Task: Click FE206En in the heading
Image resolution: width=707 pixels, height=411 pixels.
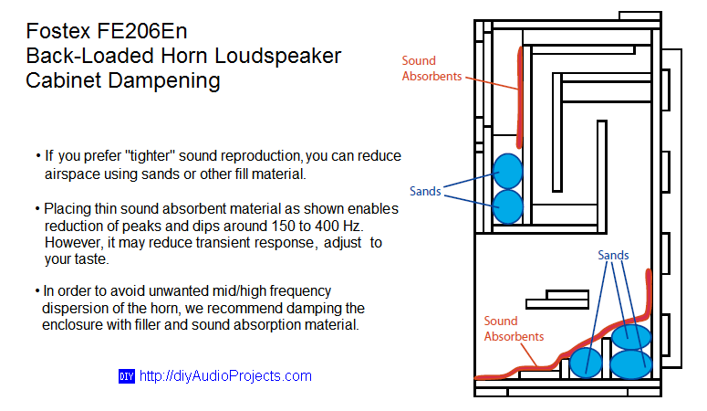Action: click(x=141, y=31)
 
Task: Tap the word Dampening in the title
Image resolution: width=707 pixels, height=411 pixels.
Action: click(x=163, y=81)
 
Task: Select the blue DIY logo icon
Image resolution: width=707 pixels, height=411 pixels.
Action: click(x=127, y=376)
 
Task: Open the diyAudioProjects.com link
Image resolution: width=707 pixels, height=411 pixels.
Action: click(x=225, y=375)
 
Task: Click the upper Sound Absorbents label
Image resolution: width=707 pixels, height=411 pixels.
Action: click(x=431, y=68)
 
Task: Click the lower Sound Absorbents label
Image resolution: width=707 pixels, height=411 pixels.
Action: click(x=514, y=329)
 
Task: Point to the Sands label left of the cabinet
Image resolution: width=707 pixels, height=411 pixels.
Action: click(x=425, y=191)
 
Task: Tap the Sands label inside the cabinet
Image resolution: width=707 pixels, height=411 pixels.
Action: click(x=613, y=255)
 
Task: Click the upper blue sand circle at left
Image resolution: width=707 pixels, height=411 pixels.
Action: click(x=508, y=171)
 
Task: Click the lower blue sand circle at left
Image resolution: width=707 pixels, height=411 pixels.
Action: click(x=508, y=206)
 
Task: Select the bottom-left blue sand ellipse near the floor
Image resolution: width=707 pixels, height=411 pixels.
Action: click(x=586, y=363)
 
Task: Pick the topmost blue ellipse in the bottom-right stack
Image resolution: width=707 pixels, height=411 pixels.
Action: click(x=631, y=337)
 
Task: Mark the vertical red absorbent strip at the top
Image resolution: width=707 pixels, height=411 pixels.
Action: click(x=520, y=97)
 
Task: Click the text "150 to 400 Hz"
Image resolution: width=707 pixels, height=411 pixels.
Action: click(x=317, y=226)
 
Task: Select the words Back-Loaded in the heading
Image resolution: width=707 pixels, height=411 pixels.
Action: click(x=90, y=56)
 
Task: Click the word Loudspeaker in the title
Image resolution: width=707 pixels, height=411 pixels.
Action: click(x=277, y=57)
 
